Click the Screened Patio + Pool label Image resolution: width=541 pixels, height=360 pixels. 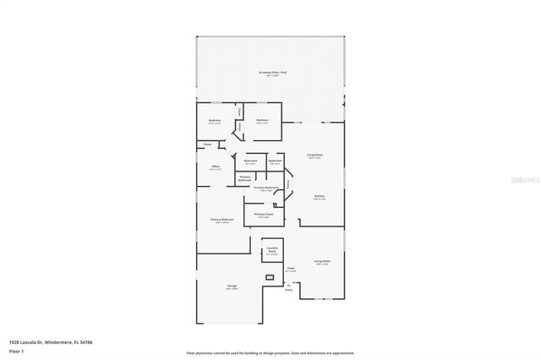click(x=270, y=74)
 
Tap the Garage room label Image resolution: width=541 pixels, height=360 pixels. click(x=232, y=286)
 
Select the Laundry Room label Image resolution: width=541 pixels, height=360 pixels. click(x=272, y=250)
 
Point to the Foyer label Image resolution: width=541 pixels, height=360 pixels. click(x=290, y=269)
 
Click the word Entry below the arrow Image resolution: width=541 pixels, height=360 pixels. click(x=289, y=292)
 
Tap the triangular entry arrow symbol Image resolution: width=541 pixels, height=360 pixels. click(x=289, y=285)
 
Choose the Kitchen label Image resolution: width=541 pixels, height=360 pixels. click(x=320, y=197)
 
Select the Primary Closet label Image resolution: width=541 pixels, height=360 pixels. click(x=264, y=215)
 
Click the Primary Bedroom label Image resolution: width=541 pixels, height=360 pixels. click(x=220, y=220)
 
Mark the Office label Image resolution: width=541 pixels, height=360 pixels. click(x=216, y=166)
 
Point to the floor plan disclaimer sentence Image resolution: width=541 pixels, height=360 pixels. click(x=270, y=352)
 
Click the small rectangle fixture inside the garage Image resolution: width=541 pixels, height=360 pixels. click(x=270, y=277)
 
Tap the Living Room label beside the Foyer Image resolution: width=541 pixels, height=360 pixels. click(x=321, y=262)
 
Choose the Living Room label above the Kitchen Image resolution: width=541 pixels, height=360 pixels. click(x=314, y=155)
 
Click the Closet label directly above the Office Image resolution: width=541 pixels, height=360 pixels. click(x=207, y=145)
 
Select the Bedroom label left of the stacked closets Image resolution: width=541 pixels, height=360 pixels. click(x=215, y=120)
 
